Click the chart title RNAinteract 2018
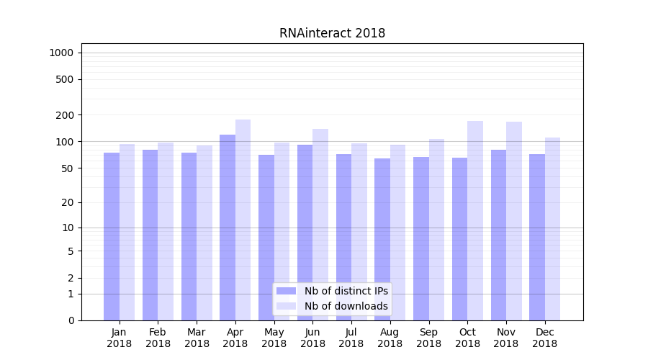pyautogui.click(x=332, y=33)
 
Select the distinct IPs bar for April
pyautogui.click(x=228, y=227)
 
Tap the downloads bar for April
pyautogui.click(x=243, y=220)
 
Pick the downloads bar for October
pyautogui.click(x=475, y=220)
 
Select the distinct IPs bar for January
pyautogui.click(x=112, y=236)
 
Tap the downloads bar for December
pyautogui.click(x=552, y=229)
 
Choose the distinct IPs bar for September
pyautogui.click(x=421, y=238)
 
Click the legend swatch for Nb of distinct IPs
pyautogui.click(x=287, y=291)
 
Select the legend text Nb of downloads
pyautogui.click(x=346, y=306)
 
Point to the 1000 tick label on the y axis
pyautogui.click(x=60, y=53)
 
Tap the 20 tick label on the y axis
pyautogui.click(x=66, y=202)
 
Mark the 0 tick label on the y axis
pyautogui.click(x=70, y=320)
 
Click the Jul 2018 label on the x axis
pyautogui.click(x=351, y=338)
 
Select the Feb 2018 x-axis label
pyautogui.click(x=158, y=338)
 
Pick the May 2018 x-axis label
pyautogui.click(x=274, y=338)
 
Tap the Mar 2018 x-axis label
pyautogui.click(x=197, y=338)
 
